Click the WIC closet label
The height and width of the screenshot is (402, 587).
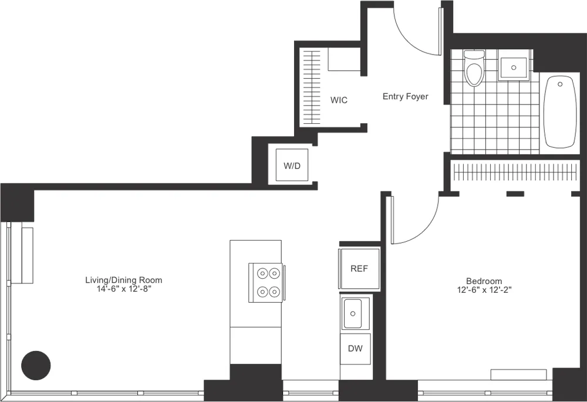point(339,100)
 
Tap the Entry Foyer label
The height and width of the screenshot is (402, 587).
point(405,96)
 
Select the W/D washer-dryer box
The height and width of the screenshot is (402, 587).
point(292,165)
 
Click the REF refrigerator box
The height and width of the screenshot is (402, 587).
point(359,269)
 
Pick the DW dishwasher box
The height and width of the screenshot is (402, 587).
point(355,349)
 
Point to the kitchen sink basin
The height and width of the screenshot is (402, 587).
point(355,313)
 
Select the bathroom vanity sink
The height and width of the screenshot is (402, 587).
point(515,66)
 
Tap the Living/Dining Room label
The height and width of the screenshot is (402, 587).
point(123,280)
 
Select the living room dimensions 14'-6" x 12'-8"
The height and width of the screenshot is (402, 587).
point(123,289)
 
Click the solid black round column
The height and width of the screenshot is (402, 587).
point(36,364)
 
